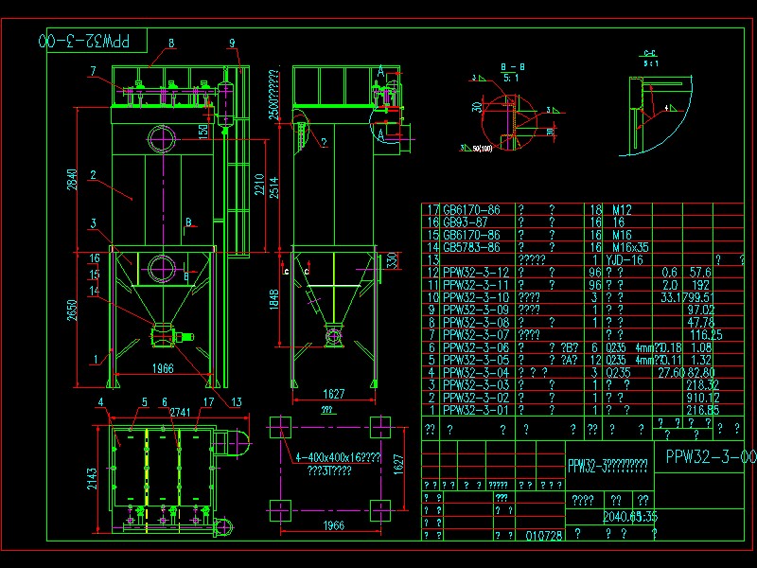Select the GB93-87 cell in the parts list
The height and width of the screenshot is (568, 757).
[466, 222]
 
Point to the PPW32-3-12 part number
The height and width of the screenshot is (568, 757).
[475, 273]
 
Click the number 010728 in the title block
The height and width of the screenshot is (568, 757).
[544, 535]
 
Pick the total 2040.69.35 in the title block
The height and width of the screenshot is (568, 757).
[629, 517]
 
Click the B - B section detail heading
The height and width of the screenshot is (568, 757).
[509, 67]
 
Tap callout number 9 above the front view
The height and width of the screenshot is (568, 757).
[232, 43]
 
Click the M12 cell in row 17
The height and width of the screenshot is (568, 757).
[622, 210]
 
